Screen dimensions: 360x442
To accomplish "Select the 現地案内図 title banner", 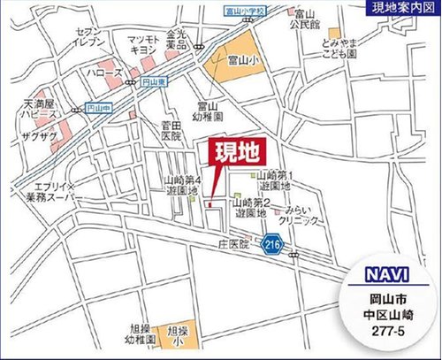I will [394, 11].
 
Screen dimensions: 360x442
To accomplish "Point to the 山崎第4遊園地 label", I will [182, 184].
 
